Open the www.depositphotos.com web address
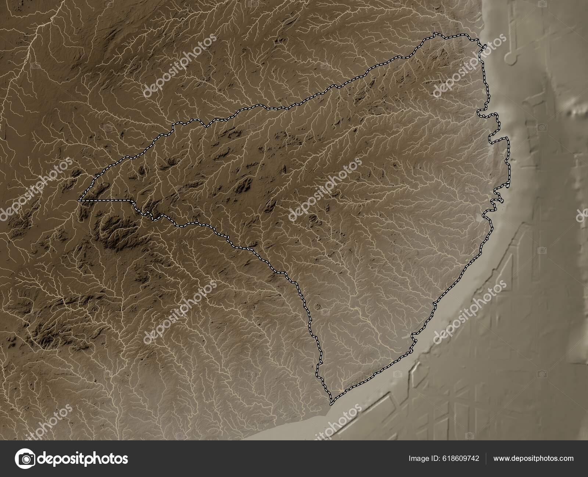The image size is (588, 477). click(x=533, y=458)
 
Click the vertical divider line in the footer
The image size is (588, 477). click(x=486, y=458)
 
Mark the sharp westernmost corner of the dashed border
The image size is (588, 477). click(x=79, y=200)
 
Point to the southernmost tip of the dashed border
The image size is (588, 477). click(x=331, y=405)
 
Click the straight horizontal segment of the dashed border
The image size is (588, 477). click(x=107, y=200)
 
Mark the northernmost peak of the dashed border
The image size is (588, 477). click(x=435, y=34)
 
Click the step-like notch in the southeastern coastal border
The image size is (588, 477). click(x=413, y=336)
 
